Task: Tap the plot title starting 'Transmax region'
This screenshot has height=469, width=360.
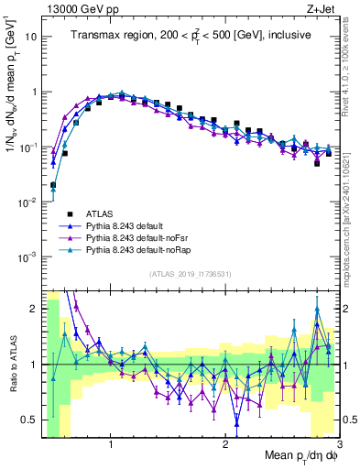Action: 190,35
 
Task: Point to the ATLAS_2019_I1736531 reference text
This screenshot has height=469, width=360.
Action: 190,274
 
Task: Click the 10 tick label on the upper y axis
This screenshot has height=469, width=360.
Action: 32,38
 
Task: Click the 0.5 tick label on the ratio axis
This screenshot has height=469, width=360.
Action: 30,420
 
